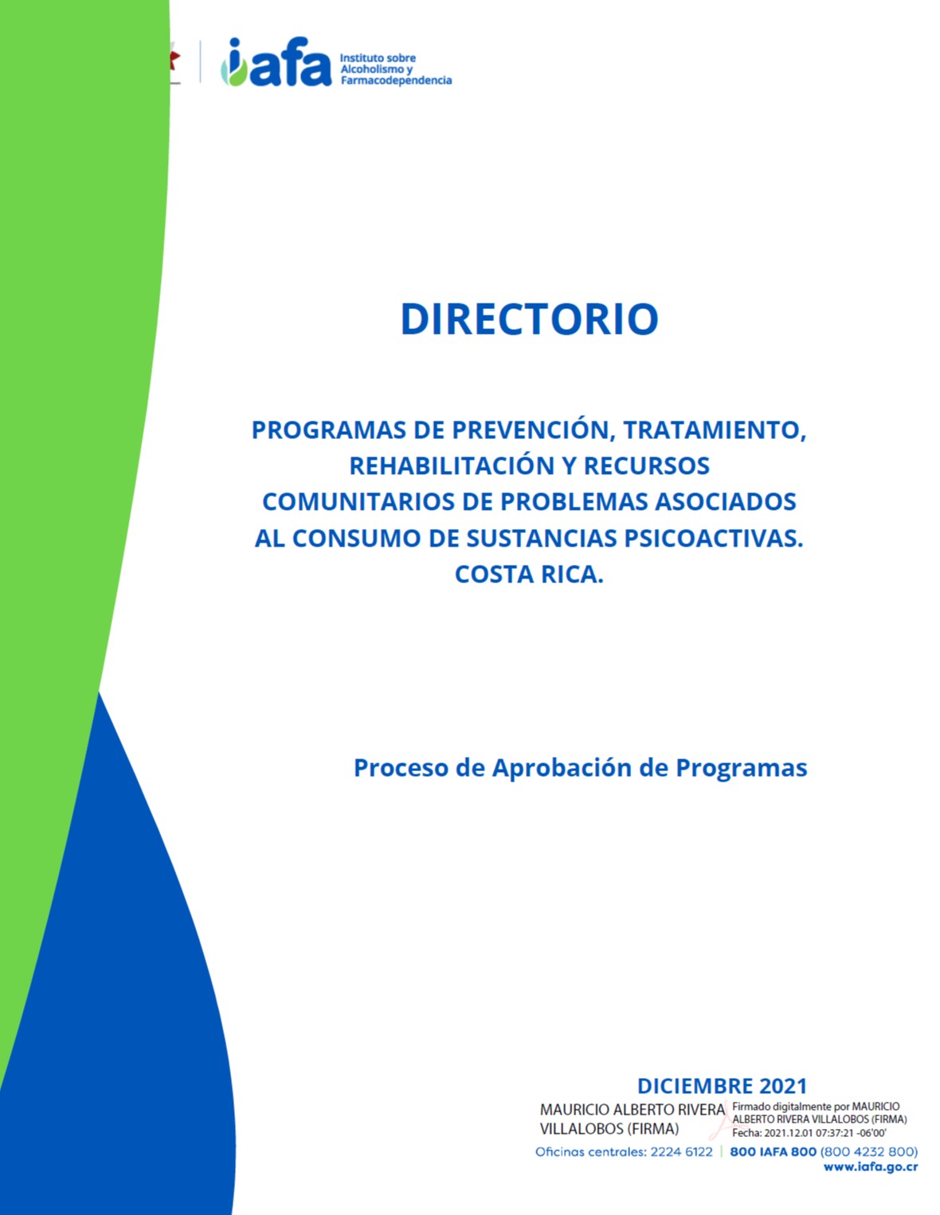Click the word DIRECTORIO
(x=529, y=319)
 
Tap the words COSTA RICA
(x=529, y=574)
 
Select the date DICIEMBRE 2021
(x=722, y=1085)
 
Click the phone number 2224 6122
(x=681, y=1151)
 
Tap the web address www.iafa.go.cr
(x=870, y=1166)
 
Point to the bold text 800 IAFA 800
(x=773, y=1151)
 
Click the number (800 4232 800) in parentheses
(x=868, y=1151)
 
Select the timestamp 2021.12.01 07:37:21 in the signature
(x=809, y=1132)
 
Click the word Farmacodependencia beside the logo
(x=396, y=80)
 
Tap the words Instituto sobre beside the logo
(x=378, y=58)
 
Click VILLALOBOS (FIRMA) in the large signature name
(x=609, y=1128)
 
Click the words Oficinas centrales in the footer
(x=589, y=1151)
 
